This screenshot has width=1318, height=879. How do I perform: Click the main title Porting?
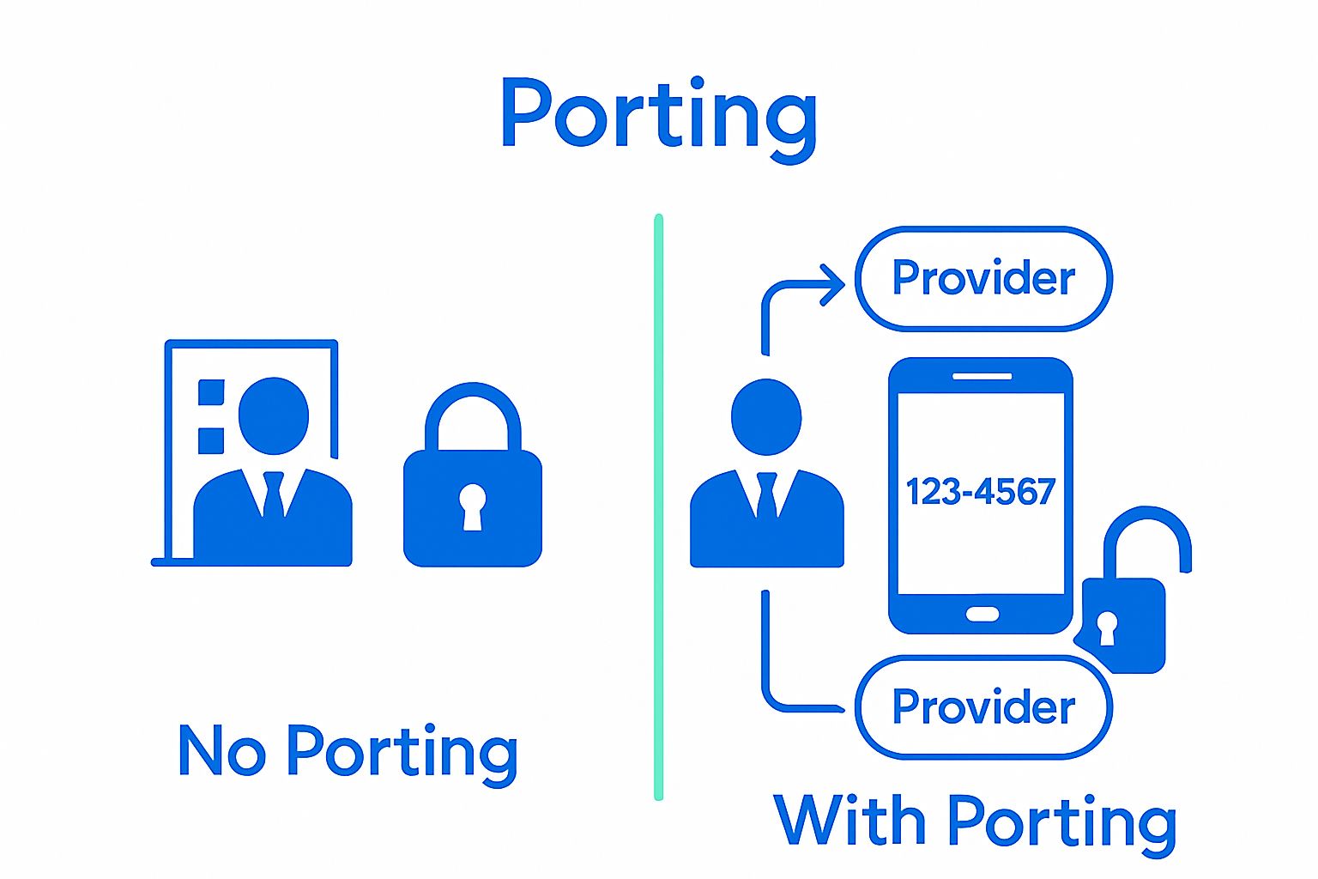[x=658, y=116]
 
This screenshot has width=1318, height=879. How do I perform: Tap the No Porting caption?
[x=347, y=752]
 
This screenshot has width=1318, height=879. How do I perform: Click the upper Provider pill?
[x=983, y=278]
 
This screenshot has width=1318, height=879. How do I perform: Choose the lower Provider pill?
[x=983, y=706]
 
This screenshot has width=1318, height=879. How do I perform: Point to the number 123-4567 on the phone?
[x=981, y=492]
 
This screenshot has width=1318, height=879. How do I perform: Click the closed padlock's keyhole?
[x=472, y=507]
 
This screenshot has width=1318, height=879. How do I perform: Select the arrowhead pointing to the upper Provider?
[x=832, y=284]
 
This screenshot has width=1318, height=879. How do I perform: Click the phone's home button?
[x=982, y=614]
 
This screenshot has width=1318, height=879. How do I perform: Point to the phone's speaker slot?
[x=982, y=376]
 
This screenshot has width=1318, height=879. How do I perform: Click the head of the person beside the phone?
[x=766, y=417]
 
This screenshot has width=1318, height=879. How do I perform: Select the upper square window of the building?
[x=211, y=392]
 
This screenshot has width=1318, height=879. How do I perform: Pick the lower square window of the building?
[x=211, y=440]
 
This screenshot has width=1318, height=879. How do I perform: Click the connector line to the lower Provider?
[x=766, y=661]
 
